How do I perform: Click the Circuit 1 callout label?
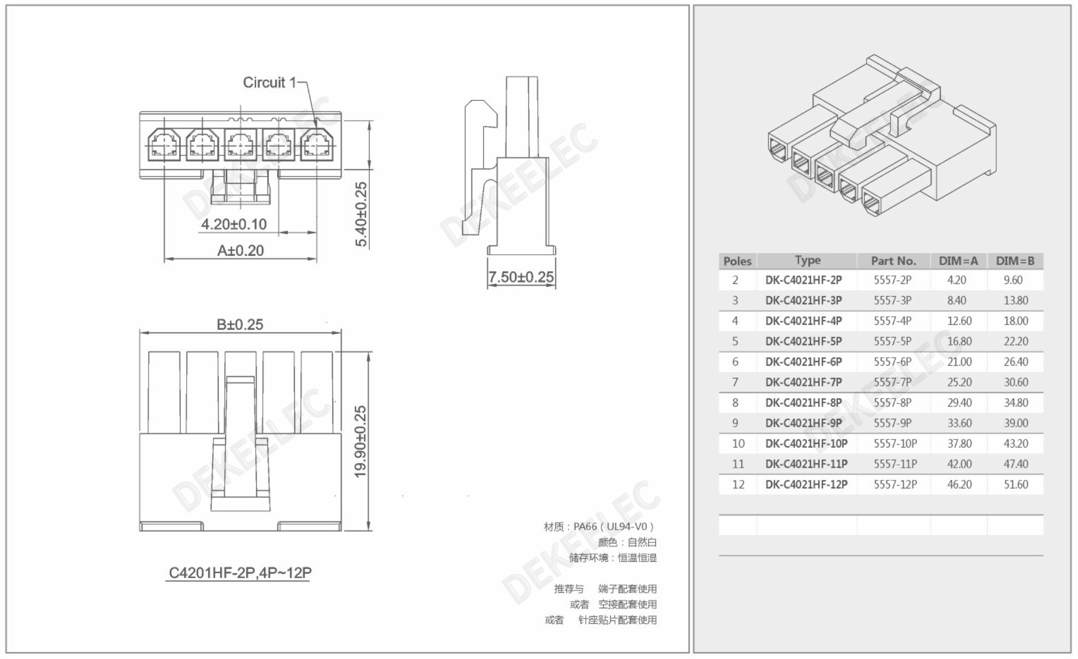[269, 83]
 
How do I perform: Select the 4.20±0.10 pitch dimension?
[234, 224]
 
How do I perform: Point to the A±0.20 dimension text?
[240, 251]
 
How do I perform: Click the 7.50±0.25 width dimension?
[521, 277]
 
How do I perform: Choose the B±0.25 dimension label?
[240, 324]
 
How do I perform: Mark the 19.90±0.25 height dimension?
[360, 442]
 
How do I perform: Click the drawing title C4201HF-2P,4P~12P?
[240, 573]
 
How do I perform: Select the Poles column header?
[737, 261]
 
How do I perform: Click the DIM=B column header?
[1015, 261]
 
